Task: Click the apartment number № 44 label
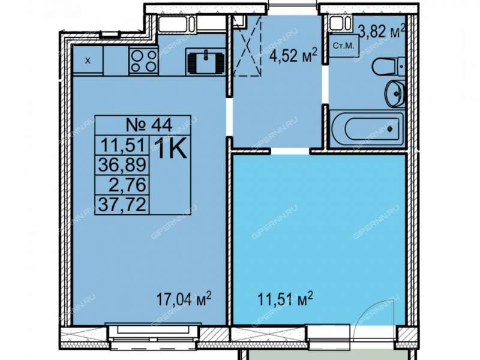[149, 125]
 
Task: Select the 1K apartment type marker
[172, 149]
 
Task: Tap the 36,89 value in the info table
[122, 165]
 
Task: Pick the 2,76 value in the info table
[127, 185]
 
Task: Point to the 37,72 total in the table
[122, 204]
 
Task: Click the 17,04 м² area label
[184, 298]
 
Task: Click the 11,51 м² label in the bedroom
[286, 298]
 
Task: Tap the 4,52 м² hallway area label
[292, 55]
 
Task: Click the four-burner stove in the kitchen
[143, 61]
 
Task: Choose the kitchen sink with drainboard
[206, 62]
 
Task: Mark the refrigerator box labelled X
[88, 60]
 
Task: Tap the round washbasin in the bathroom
[395, 94]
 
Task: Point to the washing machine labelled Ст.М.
[343, 46]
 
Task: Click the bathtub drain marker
[389, 129]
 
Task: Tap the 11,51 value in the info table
[122, 145]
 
